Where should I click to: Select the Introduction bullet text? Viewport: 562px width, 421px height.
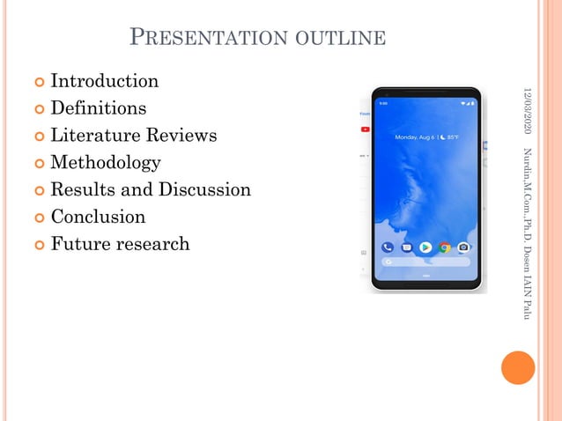pos(104,82)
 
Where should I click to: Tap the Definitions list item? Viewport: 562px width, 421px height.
pos(98,109)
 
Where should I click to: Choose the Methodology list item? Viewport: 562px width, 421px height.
pos(105,163)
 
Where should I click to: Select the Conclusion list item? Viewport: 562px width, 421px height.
pos(98,217)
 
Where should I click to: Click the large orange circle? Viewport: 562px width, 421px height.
pos(518,367)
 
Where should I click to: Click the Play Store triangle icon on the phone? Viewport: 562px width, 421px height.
pos(425,247)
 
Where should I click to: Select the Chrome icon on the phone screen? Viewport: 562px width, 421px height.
pos(445,247)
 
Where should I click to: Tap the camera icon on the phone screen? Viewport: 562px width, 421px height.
pos(463,247)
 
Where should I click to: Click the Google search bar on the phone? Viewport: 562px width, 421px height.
pos(425,262)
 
